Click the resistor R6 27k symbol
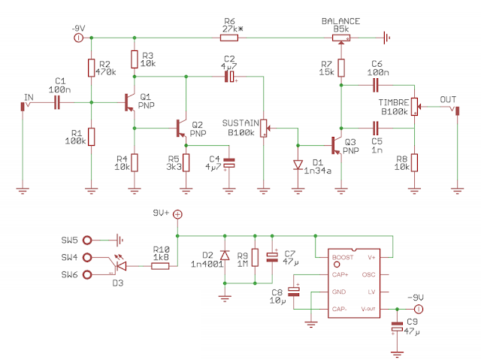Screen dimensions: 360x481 pyautogui.click(x=230, y=35)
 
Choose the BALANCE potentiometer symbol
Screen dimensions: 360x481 pyautogui.click(x=341, y=35)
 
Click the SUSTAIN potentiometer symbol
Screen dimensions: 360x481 pyautogui.click(x=264, y=128)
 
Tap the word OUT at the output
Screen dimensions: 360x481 pyautogui.click(x=448, y=99)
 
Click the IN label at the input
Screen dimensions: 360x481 pyautogui.click(x=29, y=97)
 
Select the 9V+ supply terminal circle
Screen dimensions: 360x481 pyautogui.click(x=177, y=214)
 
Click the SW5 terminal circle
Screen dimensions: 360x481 pyautogui.click(x=89, y=241)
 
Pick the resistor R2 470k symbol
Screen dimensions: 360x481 pyautogui.click(x=91, y=68)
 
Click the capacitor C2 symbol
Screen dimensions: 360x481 pyautogui.click(x=230, y=77)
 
